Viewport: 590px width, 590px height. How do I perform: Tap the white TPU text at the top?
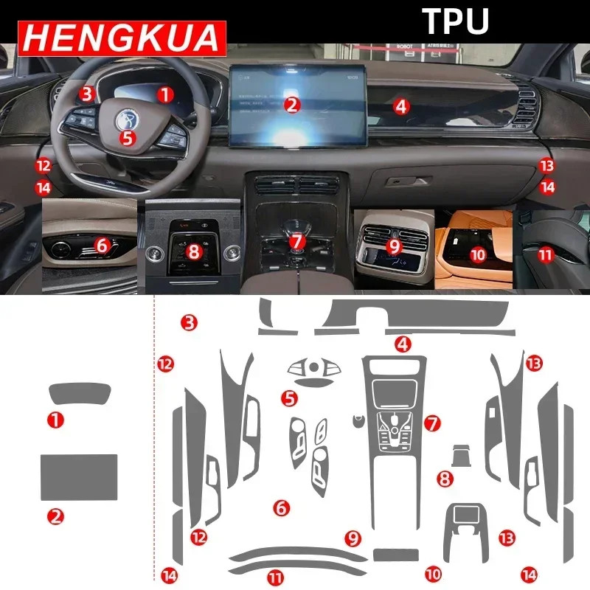pyautogui.click(x=455, y=21)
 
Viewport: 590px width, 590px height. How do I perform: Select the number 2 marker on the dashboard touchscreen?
pyautogui.click(x=293, y=105)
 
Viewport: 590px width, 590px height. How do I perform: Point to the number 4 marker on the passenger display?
pyautogui.click(x=400, y=106)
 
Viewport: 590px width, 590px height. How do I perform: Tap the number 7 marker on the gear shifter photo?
pyautogui.click(x=296, y=241)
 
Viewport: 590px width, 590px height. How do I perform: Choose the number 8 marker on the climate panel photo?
pyautogui.click(x=194, y=251)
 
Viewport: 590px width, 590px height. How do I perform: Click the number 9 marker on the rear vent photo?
pyautogui.click(x=393, y=245)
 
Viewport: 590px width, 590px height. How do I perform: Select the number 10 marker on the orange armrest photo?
pyautogui.click(x=478, y=254)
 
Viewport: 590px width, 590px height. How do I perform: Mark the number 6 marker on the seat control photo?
pyautogui.click(x=102, y=241)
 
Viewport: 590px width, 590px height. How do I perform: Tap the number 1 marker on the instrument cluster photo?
pyautogui.click(x=165, y=94)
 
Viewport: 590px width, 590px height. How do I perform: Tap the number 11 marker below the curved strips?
pyautogui.click(x=275, y=579)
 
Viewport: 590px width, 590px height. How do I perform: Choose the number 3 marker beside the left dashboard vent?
pyautogui.click(x=87, y=94)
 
